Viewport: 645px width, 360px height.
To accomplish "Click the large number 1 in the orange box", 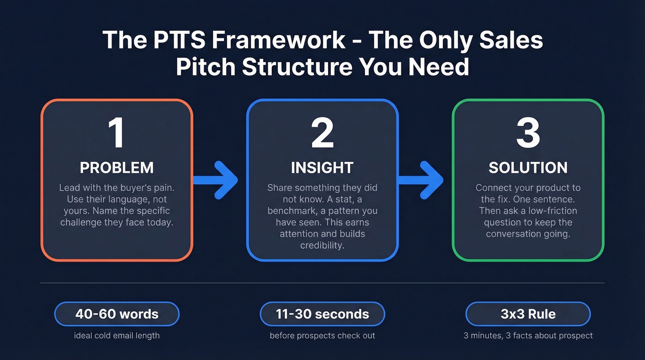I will click(x=117, y=133).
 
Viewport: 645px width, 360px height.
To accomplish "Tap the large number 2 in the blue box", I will click(x=322, y=133).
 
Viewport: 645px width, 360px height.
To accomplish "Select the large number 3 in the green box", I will click(x=528, y=133).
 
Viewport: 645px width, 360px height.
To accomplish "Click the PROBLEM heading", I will click(x=117, y=168).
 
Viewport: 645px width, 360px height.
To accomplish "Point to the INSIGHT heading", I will click(x=322, y=168).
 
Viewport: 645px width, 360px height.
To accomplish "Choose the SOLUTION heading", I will click(x=528, y=168).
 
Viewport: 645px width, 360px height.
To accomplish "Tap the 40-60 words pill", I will click(x=117, y=314).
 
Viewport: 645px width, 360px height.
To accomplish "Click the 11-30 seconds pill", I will click(x=322, y=314).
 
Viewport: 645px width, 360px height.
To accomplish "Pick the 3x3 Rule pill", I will click(x=528, y=314).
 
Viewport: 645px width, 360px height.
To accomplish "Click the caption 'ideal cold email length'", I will click(x=117, y=336).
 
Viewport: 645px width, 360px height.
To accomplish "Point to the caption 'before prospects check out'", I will click(x=322, y=336).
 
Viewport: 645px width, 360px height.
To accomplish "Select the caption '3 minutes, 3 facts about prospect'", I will click(x=528, y=336).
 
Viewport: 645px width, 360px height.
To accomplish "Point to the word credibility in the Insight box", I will click(x=322, y=245).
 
